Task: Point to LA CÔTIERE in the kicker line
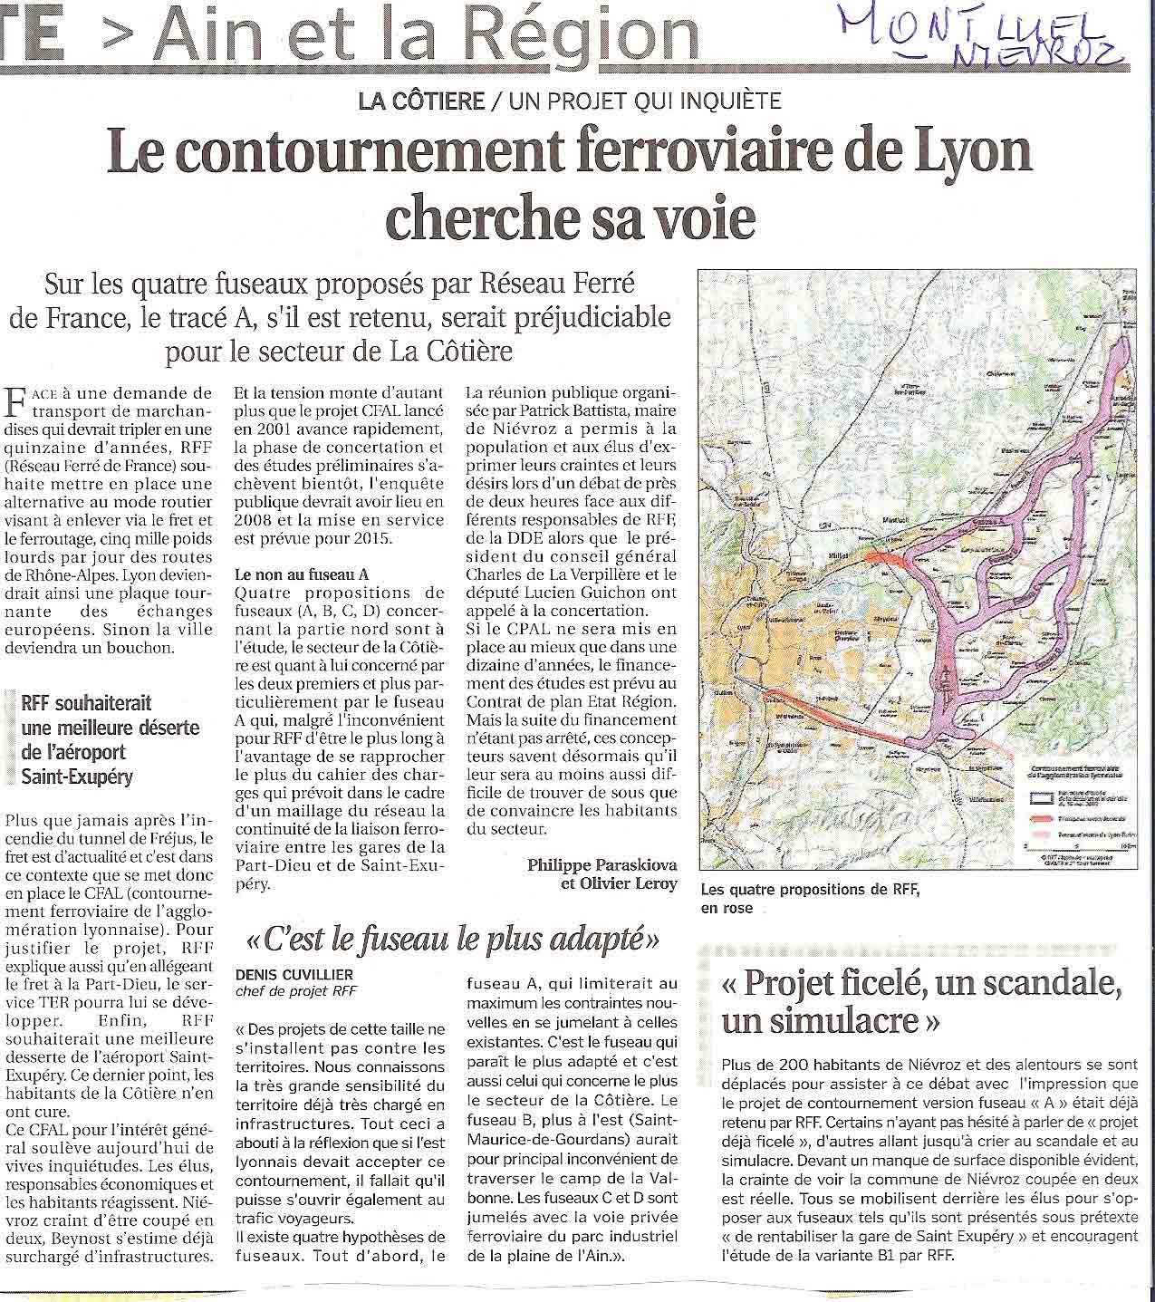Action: (421, 101)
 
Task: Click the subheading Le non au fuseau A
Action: (301, 575)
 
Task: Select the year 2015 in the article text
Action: (371, 538)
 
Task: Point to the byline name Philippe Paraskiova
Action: (602, 865)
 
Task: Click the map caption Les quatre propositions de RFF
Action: (810, 889)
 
